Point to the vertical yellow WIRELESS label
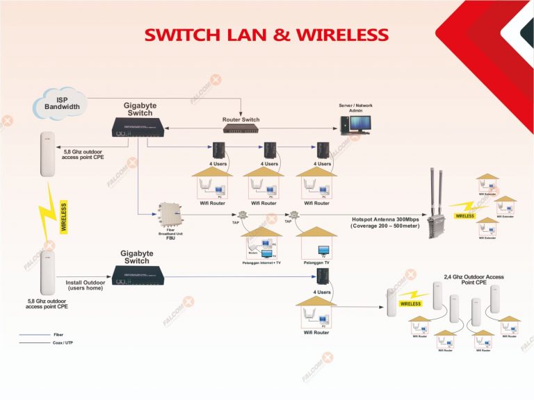[65, 216]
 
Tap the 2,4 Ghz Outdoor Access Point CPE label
[473, 280]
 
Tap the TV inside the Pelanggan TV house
[323, 250]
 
